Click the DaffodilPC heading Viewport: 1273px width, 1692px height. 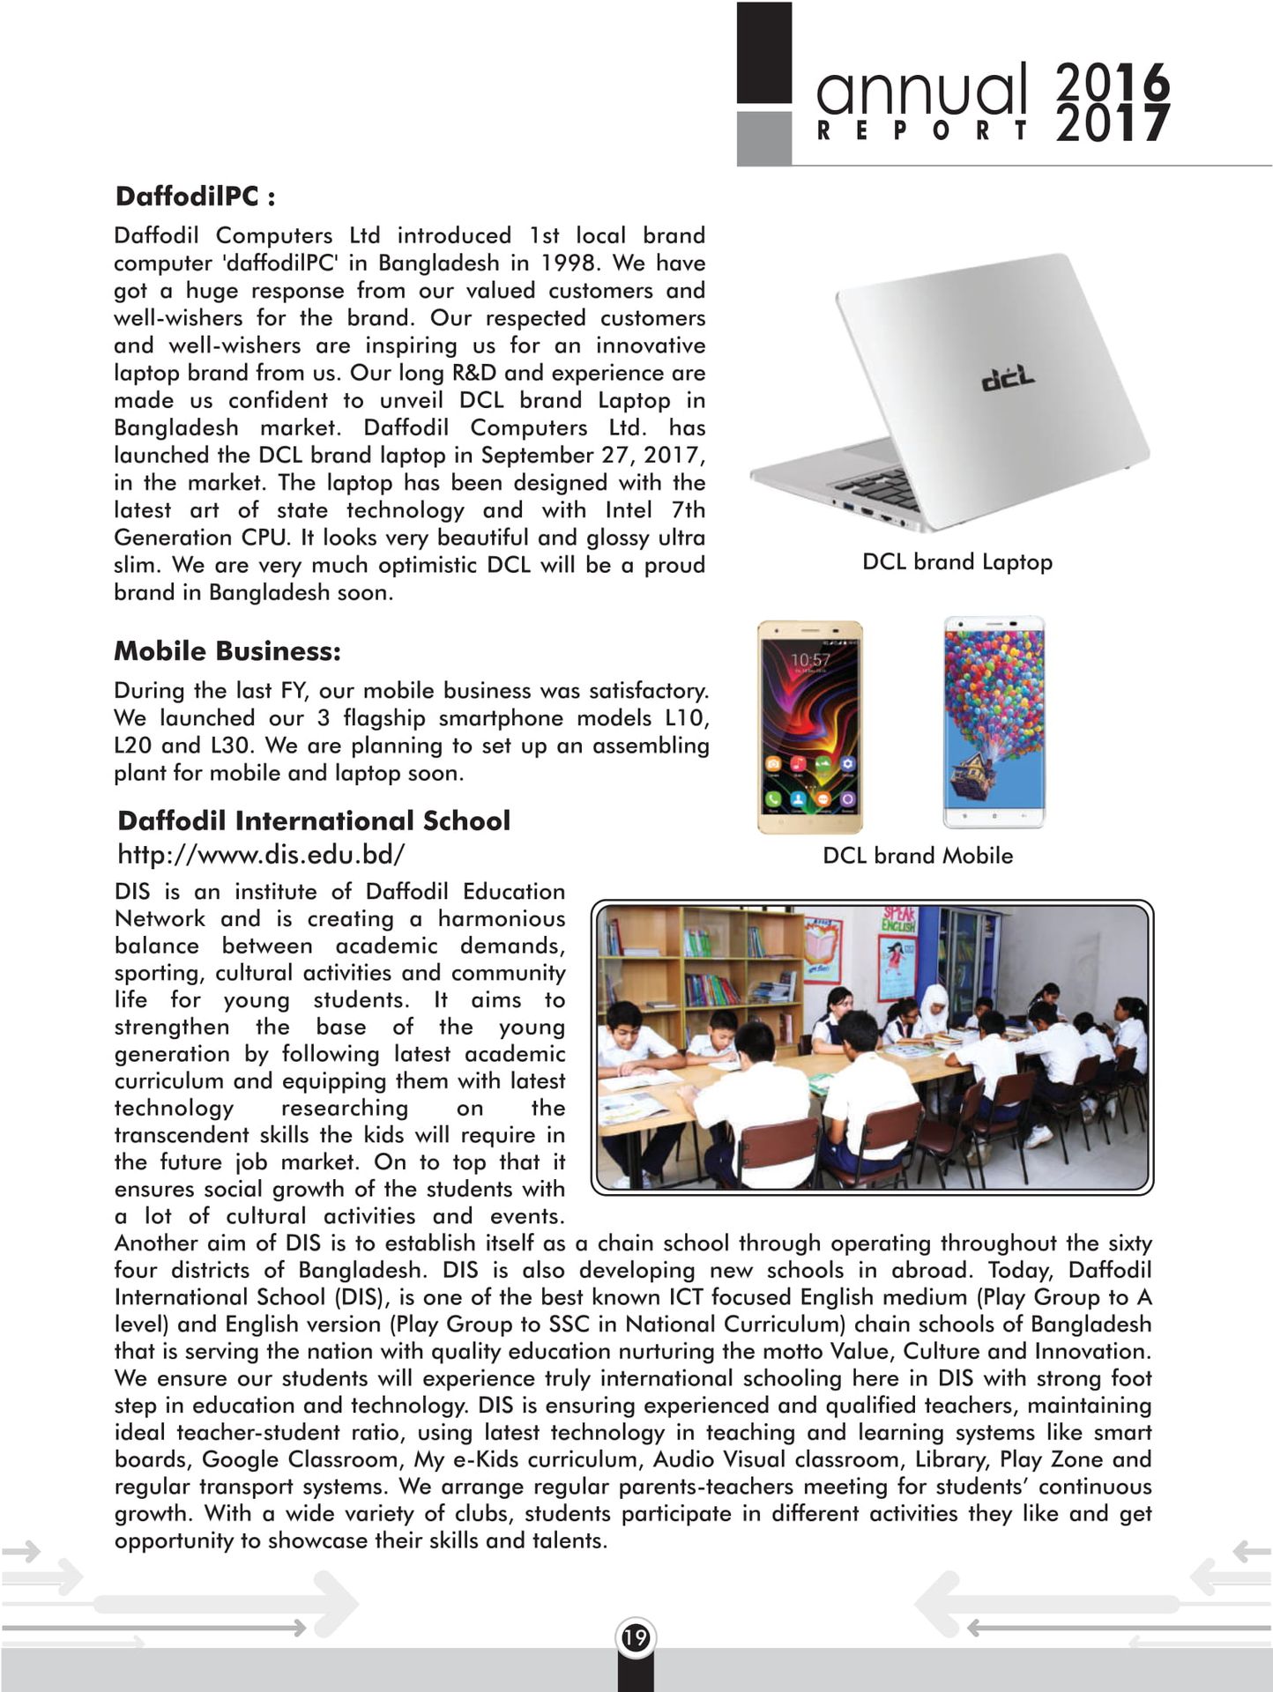click(195, 196)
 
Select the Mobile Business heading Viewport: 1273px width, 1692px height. click(227, 651)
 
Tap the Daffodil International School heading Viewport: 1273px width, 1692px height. click(314, 820)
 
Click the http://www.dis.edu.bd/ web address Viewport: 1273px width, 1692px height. click(261, 854)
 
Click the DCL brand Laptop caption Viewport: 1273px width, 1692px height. click(957, 562)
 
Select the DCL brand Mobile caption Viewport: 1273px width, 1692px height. click(918, 856)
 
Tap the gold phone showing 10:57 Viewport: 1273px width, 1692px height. click(810, 727)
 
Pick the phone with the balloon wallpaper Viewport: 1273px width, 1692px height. click(994, 723)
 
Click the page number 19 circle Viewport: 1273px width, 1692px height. click(636, 1637)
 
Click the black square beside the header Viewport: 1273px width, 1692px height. click(763, 53)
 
